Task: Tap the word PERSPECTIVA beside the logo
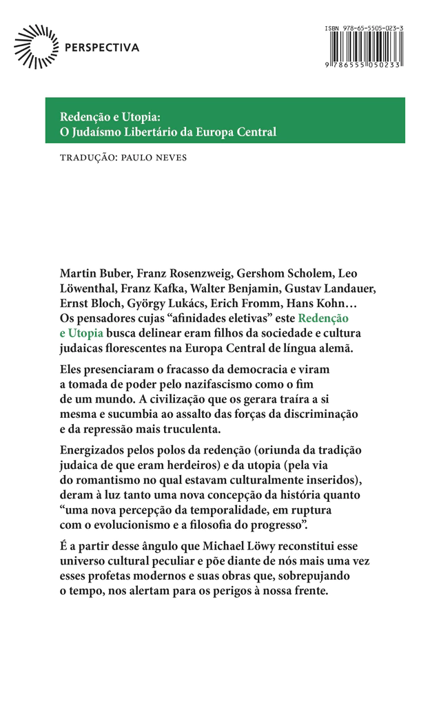coord(101,48)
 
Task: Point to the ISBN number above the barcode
coord(362,28)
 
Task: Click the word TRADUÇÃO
coord(85,157)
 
